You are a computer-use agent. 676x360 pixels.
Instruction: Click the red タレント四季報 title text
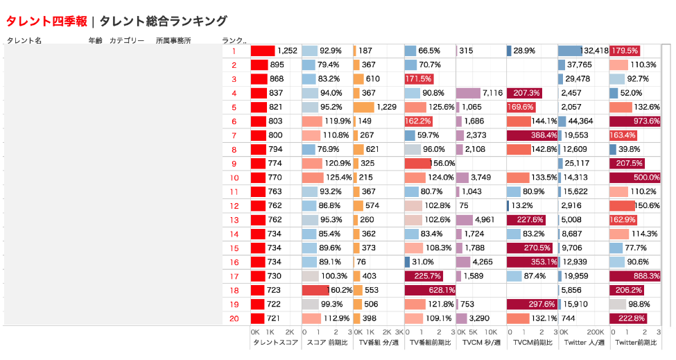point(46,22)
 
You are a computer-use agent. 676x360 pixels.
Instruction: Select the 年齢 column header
point(96,41)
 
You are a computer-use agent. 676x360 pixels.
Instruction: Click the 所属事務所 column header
point(173,41)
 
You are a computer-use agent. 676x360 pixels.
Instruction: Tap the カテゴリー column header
point(127,41)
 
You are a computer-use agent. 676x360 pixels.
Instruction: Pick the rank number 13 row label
point(234,220)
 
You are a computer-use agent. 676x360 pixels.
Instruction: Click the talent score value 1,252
point(287,51)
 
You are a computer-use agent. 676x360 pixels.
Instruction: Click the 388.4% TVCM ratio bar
point(532,135)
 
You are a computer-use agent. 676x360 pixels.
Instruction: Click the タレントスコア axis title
point(275,343)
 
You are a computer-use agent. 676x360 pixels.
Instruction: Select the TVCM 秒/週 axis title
point(480,343)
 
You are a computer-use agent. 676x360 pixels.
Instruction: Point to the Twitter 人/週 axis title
point(583,343)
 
